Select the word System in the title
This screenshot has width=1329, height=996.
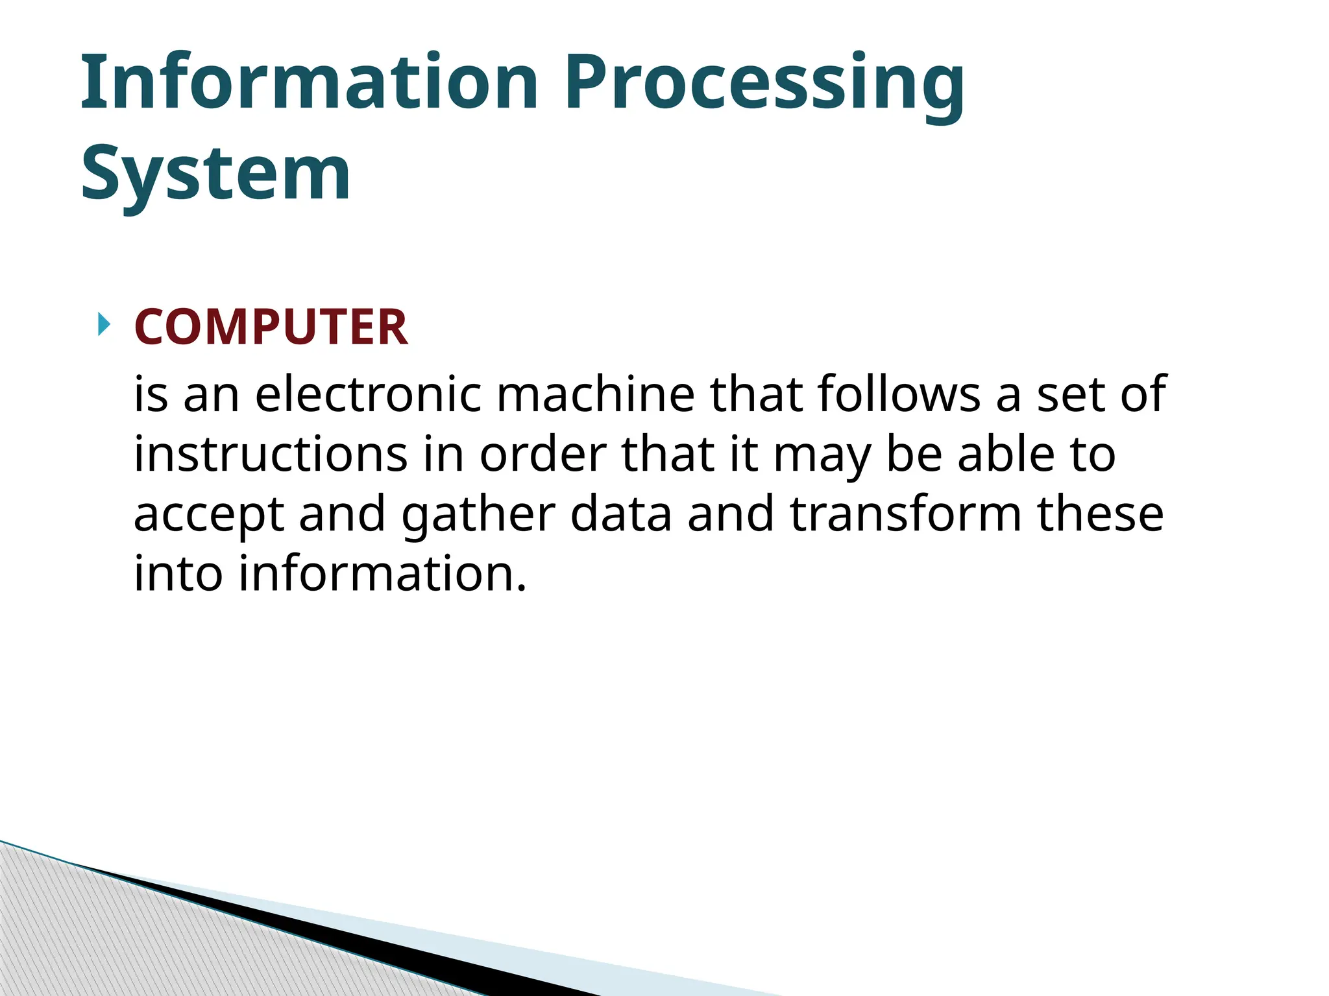pos(215,174)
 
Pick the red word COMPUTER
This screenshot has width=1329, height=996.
pos(271,327)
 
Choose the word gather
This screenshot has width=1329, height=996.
pos(478,516)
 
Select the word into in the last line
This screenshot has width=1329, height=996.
pos(178,573)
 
